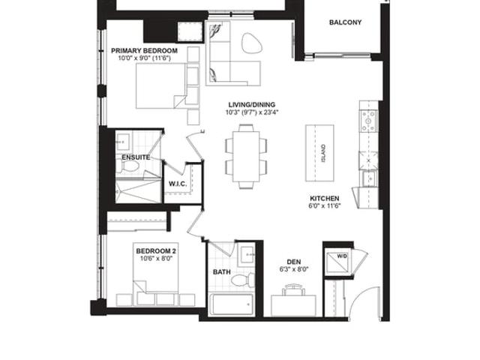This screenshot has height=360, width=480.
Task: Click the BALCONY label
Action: tap(345, 22)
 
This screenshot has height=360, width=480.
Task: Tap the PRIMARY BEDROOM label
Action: tap(144, 50)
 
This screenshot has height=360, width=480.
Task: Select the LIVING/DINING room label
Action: tap(252, 105)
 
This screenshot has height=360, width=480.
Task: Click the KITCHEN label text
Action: tap(325, 198)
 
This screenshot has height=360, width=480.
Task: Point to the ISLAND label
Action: tap(323, 153)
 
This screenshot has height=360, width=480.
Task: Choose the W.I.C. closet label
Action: tap(178, 184)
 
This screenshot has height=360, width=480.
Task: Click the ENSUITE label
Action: tap(136, 157)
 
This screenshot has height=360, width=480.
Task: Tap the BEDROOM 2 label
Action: tap(156, 251)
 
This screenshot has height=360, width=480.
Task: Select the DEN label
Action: tap(293, 262)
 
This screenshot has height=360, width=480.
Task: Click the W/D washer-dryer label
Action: tap(342, 256)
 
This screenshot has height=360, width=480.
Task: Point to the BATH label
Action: tap(222, 271)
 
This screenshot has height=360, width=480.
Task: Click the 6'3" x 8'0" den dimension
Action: tap(293, 269)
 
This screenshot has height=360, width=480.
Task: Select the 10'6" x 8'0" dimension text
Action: tap(157, 258)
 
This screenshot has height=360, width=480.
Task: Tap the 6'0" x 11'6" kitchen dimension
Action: tap(325, 205)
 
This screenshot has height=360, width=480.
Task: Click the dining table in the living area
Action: tap(246, 157)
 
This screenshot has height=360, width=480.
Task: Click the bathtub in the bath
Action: tap(231, 305)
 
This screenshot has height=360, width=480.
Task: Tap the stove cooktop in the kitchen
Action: tap(369, 120)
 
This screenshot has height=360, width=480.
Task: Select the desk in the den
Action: tap(293, 305)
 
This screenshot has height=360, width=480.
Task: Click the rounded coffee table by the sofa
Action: tap(252, 43)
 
